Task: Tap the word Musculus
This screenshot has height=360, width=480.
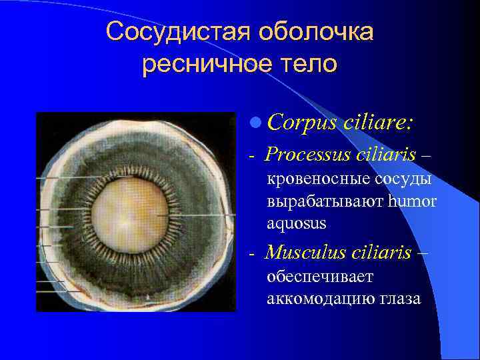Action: (304, 253)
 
